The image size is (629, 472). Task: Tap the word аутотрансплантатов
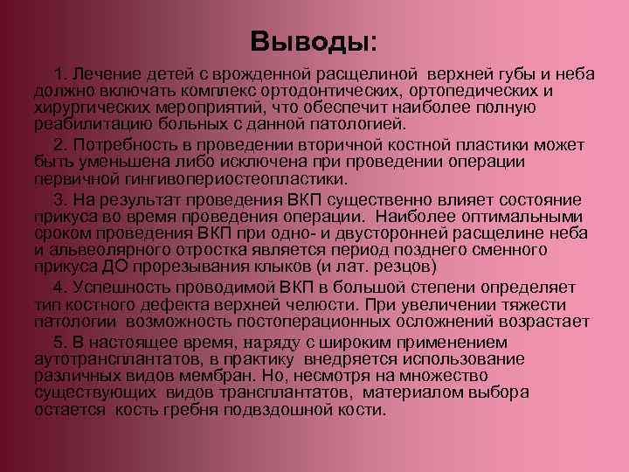pyautogui.click(x=115, y=358)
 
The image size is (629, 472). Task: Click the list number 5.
pyautogui.click(x=59, y=341)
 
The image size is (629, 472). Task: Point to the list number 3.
pyautogui.click(x=59, y=198)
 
